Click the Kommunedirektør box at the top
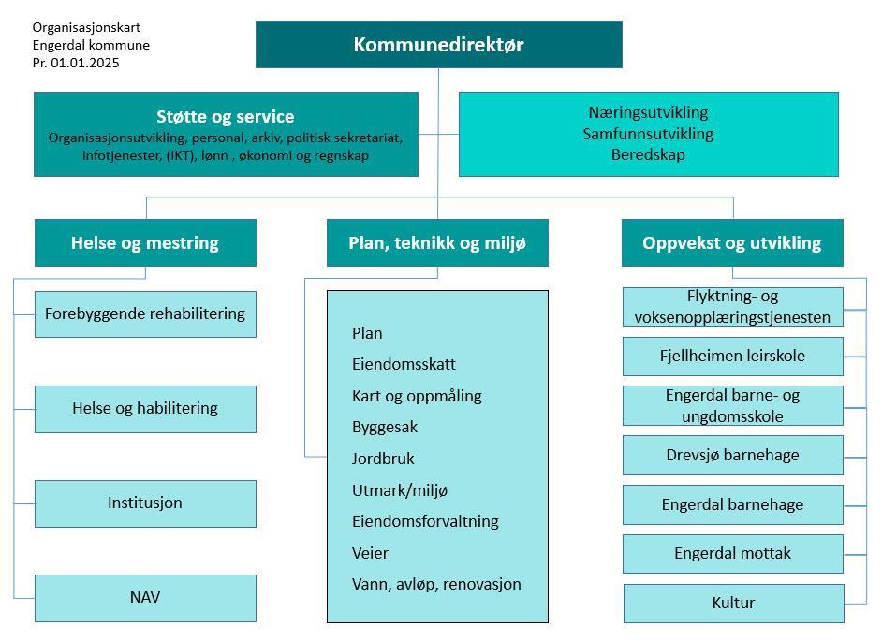(x=438, y=44)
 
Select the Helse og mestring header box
(x=145, y=243)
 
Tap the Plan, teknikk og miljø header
(x=437, y=243)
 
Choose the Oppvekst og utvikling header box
(x=732, y=243)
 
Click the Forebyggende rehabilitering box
(x=145, y=313)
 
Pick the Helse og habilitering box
(x=145, y=408)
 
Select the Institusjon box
(x=145, y=503)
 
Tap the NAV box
(x=145, y=597)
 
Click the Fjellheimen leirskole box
(x=732, y=356)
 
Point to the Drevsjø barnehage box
(x=732, y=455)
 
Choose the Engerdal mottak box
(x=732, y=553)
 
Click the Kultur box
(x=732, y=603)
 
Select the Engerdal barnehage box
(x=732, y=504)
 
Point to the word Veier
(x=370, y=553)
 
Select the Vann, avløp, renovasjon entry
(x=436, y=584)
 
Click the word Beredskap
(x=648, y=154)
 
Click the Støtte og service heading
(x=225, y=117)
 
